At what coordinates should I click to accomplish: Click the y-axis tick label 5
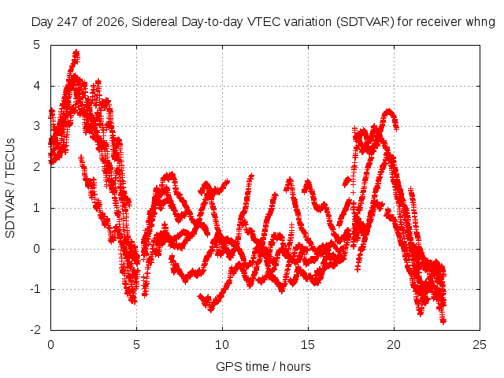click(36, 45)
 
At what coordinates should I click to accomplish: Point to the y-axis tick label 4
click(36, 86)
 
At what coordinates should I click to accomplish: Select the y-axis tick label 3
click(36, 126)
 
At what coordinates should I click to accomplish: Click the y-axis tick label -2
click(35, 330)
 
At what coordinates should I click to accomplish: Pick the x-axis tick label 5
click(136, 345)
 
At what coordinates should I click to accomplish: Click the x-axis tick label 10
click(222, 345)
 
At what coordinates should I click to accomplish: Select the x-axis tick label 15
click(308, 345)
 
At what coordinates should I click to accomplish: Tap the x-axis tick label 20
click(394, 345)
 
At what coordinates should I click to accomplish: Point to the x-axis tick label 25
click(480, 345)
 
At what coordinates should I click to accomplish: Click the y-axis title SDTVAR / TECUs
click(10, 188)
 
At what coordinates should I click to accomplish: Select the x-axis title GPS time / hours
click(263, 367)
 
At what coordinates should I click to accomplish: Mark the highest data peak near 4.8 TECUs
click(76, 51)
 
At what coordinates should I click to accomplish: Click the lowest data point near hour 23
click(443, 321)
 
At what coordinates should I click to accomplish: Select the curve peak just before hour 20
click(389, 112)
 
